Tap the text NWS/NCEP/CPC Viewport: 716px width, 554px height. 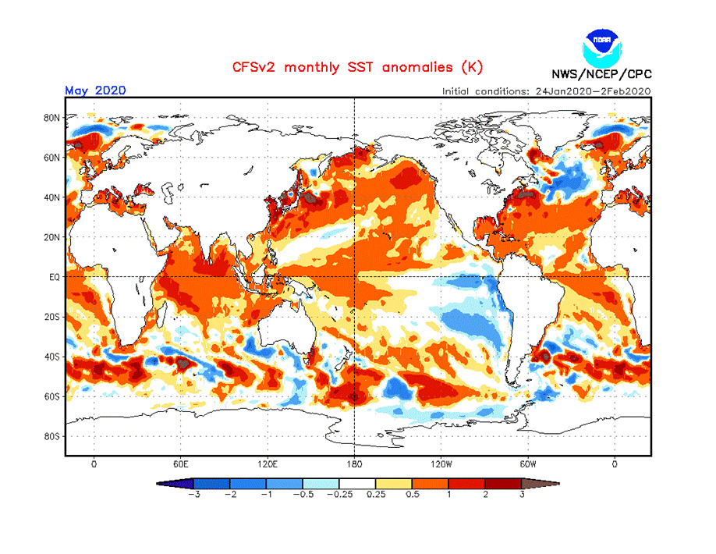coord(601,75)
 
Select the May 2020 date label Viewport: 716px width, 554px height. coord(95,90)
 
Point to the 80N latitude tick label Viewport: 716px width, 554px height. coord(52,118)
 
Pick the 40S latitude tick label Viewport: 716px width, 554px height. coord(52,357)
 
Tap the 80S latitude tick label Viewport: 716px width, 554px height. coord(52,436)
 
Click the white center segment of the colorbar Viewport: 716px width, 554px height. coord(357,483)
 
